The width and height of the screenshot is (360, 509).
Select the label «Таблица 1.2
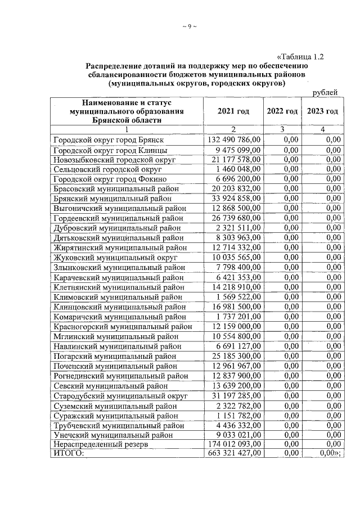(300, 56)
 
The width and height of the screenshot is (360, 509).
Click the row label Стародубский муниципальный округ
(120, 395)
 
